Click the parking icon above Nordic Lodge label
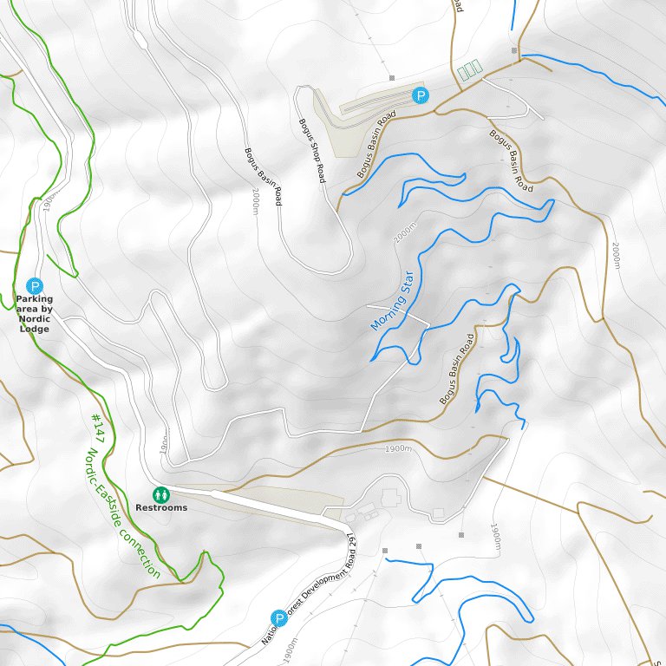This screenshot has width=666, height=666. click(35, 285)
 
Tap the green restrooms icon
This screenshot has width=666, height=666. click(160, 494)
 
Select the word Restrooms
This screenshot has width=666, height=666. click(161, 508)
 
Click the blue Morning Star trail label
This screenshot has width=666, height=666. click(393, 301)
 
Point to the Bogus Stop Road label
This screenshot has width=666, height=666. click(311, 150)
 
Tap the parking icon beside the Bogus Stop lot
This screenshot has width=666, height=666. click(421, 95)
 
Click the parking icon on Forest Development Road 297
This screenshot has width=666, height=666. click(278, 617)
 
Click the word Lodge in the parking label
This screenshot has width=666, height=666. click(35, 330)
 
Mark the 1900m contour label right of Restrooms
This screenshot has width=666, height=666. click(397, 449)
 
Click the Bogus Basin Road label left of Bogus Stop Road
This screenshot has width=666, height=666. click(263, 176)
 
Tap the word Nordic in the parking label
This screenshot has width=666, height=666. click(35, 319)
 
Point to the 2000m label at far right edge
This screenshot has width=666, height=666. click(616, 255)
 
